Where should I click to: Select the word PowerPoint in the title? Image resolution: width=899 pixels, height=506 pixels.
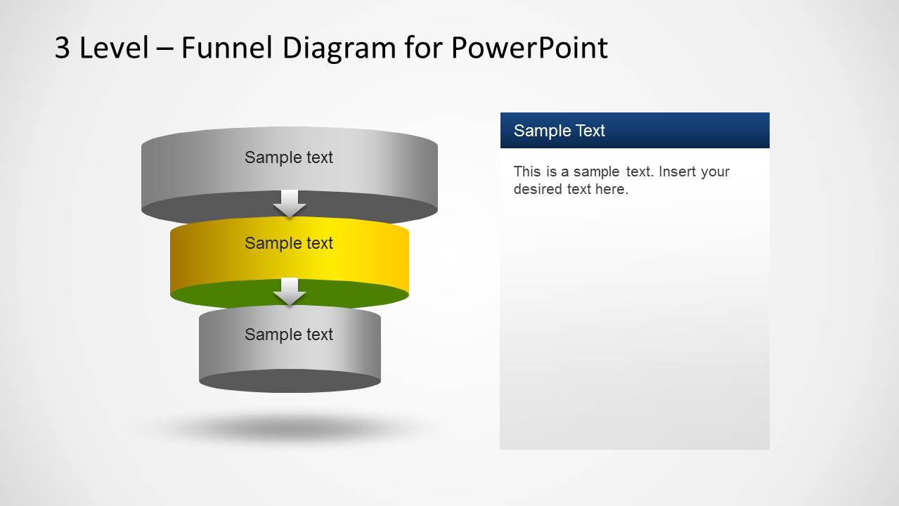(x=529, y=48)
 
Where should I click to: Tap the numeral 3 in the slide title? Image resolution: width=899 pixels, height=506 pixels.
(x=63, y=48)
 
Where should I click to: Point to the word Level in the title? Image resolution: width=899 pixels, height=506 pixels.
(x=114, y=48)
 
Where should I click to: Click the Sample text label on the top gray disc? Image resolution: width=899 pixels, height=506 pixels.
(x=288, y=157)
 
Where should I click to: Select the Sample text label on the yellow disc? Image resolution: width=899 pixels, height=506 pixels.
(x=288, y=243)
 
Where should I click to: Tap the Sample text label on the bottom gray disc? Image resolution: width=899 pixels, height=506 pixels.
(x=288, y=335)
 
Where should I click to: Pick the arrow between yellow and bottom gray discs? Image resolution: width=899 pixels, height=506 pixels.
(x=290, y=292)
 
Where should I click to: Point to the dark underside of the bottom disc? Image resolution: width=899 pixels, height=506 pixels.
(x=290, y=382)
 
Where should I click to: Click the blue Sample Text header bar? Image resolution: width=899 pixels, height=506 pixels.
(x=634, y=131)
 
